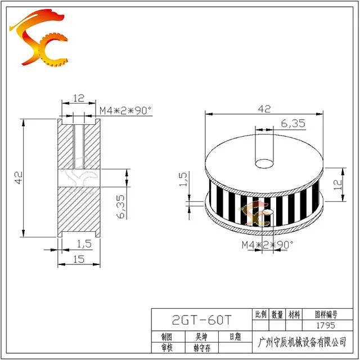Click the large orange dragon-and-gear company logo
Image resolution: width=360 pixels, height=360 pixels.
point(39,38)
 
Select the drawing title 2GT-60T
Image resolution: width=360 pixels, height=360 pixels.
point(202,320)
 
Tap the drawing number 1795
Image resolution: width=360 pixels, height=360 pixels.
point(326,325)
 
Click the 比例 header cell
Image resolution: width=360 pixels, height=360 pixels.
point(260,314)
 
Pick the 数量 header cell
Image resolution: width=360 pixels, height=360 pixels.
point(277,314)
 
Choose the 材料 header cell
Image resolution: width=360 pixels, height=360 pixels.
point(294,314)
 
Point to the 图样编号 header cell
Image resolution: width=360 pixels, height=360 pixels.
point(326,314)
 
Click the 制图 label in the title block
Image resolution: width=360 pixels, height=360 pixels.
point(166,337)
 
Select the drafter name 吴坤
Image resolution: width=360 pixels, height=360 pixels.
point(201,337)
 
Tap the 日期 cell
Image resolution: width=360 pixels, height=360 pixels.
point(235,336)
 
